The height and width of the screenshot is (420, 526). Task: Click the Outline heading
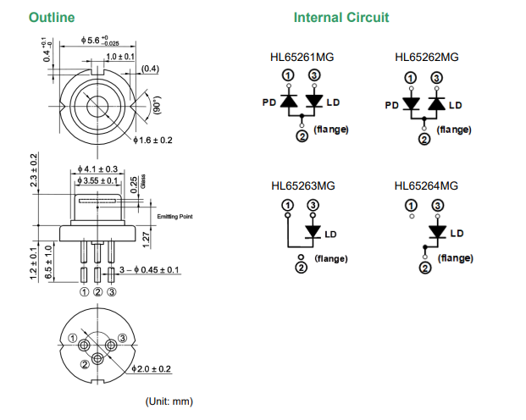coord(52,17)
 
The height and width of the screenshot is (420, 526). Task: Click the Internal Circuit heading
coord(341,17)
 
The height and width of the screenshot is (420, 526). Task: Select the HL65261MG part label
coord(302,57)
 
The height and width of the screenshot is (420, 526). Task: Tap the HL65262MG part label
coord(426,57)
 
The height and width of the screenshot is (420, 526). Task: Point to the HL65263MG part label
coord(302,185)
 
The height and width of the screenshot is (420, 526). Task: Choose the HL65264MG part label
coord(426,185)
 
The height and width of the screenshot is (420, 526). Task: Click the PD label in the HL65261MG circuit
coord(269,102)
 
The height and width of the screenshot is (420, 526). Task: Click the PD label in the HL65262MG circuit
coord(391,105)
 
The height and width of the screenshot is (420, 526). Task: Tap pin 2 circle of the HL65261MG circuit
coord(302,137)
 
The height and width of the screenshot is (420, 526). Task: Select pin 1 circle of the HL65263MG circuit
coord(287,205)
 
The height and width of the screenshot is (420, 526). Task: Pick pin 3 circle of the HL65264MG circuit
coord(437,205)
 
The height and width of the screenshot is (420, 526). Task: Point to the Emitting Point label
coord(175,217)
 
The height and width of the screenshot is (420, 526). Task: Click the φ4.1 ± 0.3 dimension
coord(97,169)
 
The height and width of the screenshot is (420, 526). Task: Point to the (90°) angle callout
coord(155,106)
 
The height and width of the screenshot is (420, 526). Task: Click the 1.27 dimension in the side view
coord(146,240)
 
